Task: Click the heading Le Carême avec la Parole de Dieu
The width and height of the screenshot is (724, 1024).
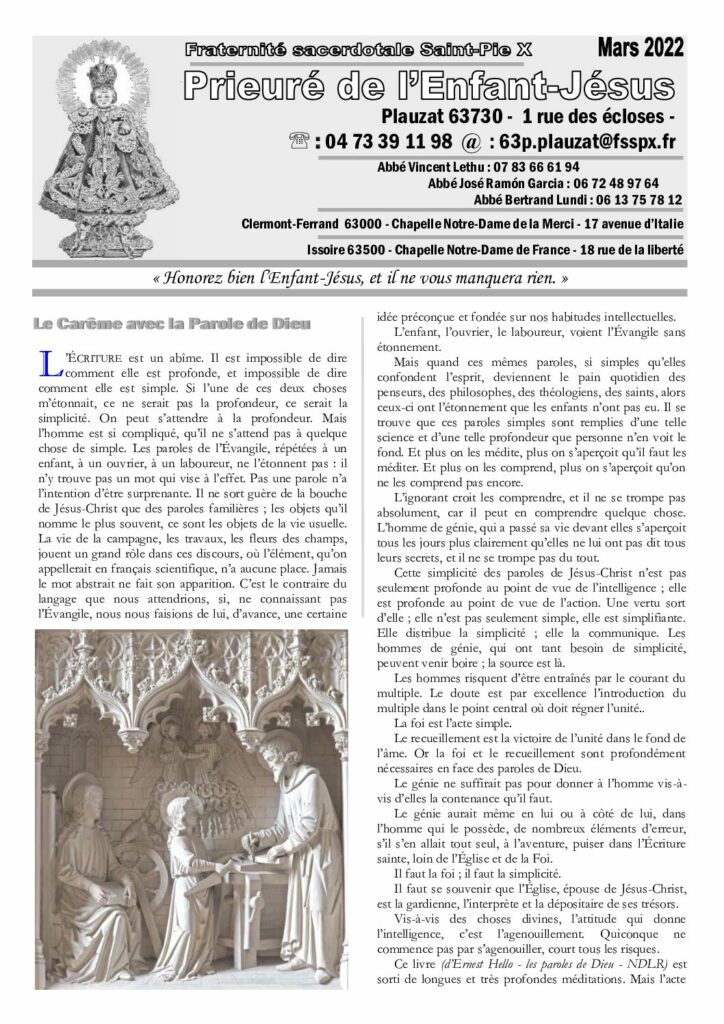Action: [x=172, y=323]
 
